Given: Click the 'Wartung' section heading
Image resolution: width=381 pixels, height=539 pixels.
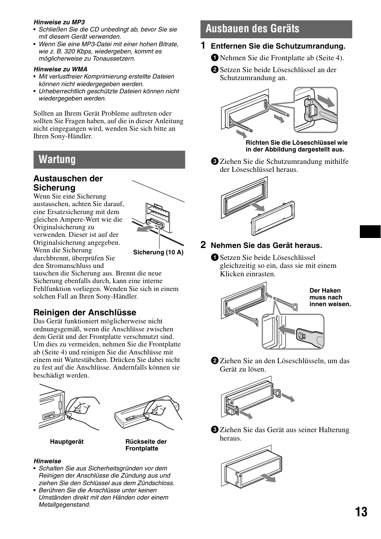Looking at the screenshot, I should (x=57, y=159).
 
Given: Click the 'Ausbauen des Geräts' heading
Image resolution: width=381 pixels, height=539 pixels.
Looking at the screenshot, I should (x=252, y=29).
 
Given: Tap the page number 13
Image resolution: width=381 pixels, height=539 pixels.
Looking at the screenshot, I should (x=361, y=512).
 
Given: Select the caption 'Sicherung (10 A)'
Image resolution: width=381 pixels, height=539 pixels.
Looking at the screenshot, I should (x=158, y=252).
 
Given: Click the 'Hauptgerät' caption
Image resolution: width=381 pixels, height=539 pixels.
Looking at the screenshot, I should (x=67, y=442).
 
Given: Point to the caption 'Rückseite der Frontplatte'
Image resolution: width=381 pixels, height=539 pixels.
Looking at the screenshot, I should (x=146, y=445).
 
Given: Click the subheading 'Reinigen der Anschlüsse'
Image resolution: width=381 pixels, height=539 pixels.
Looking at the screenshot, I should (x=85, y=313).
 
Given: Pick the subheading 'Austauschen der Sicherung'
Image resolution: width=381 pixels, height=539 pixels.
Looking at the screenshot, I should (x=68, y=183).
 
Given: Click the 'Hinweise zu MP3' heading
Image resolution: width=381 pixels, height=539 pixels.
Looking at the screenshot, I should (x=59, y=22).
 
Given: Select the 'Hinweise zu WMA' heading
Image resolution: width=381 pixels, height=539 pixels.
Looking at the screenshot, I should (x=60, y=69).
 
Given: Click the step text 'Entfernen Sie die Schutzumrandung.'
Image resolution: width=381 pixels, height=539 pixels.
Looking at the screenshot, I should (x=278, y=46).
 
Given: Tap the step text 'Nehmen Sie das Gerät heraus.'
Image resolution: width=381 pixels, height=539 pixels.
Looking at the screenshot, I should (x=266, y=246).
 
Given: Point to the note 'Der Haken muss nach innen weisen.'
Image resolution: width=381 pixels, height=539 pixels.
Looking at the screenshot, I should (x=330, y=297).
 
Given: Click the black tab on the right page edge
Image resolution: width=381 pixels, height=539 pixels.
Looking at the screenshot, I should (x=370, y=232).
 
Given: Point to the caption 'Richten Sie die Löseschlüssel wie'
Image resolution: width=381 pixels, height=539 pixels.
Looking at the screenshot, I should (x=296, y=143).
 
